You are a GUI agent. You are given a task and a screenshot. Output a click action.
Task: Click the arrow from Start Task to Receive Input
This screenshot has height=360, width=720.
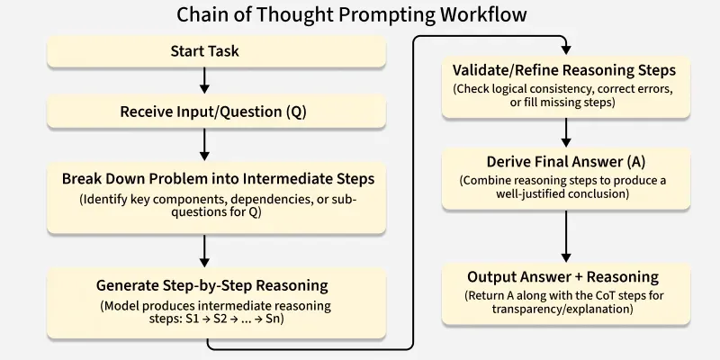click(x=204, y=81)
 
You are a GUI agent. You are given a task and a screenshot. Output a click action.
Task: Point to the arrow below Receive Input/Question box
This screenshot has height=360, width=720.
click(x=204, y=143)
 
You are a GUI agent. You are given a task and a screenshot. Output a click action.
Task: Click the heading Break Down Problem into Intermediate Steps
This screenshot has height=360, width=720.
click(x=218, y=178)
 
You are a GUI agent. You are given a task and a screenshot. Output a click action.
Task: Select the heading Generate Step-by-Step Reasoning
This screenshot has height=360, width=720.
click(x=211, y=286)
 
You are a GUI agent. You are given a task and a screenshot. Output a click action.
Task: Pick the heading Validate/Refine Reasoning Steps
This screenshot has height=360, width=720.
click(x=562, y=70)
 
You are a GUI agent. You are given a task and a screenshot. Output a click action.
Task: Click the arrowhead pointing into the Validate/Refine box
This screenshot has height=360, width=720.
click(x=564, y=49)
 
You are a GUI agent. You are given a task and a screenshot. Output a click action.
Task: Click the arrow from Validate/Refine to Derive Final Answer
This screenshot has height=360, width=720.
click(x=565, y=132)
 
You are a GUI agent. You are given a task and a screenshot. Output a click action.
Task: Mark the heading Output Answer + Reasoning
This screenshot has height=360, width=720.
click(x=562, y=276)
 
